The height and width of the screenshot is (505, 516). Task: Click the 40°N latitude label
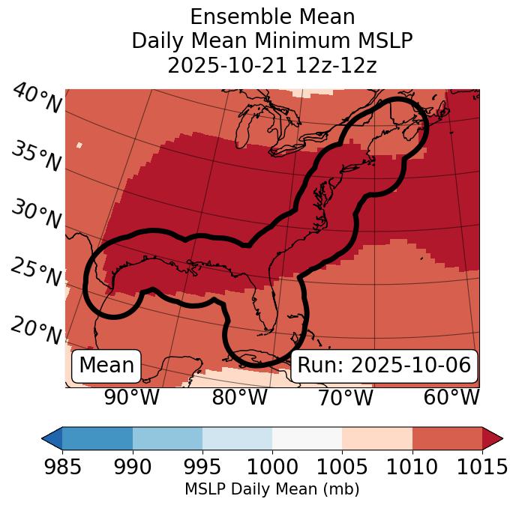tap(37, 99)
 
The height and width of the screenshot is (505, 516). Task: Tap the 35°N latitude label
tap(36, 157)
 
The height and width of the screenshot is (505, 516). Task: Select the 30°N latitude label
tap(36, 215)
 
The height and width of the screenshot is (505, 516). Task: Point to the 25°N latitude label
tap(36, 273)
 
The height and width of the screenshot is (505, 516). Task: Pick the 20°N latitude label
tap(36, 330)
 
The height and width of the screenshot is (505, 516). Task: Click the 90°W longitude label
tap(131, 398)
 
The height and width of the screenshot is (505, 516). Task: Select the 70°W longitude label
tap(344, 398)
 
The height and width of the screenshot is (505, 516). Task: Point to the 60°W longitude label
tap(451, 398)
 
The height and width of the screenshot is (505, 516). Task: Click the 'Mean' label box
tap(106, 366)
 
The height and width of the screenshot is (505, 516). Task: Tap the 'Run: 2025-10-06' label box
tap(384, 366)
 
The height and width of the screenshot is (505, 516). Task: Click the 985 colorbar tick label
tap(62, 468)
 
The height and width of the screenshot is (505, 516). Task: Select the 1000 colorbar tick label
tap(272, 468)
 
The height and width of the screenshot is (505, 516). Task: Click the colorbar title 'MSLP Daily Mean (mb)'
tap(271, 489)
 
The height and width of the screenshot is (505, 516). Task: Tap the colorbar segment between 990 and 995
tap(167, 438)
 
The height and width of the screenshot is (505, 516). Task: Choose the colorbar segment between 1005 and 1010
tap(377, 438)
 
